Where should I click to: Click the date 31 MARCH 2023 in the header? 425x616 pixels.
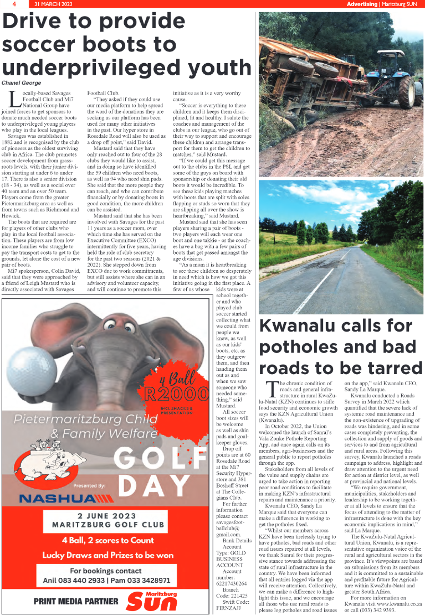coord(53,4)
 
